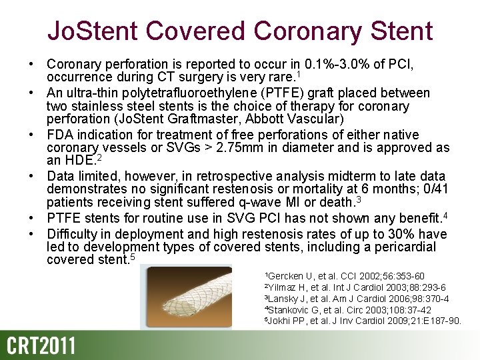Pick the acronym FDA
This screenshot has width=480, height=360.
coord(61,135)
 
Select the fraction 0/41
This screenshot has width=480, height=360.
coord(434,189)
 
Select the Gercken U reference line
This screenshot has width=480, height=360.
coord(345,276)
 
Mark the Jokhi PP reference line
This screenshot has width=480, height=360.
coord(363,321)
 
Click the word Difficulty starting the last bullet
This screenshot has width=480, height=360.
coord(69,234)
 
